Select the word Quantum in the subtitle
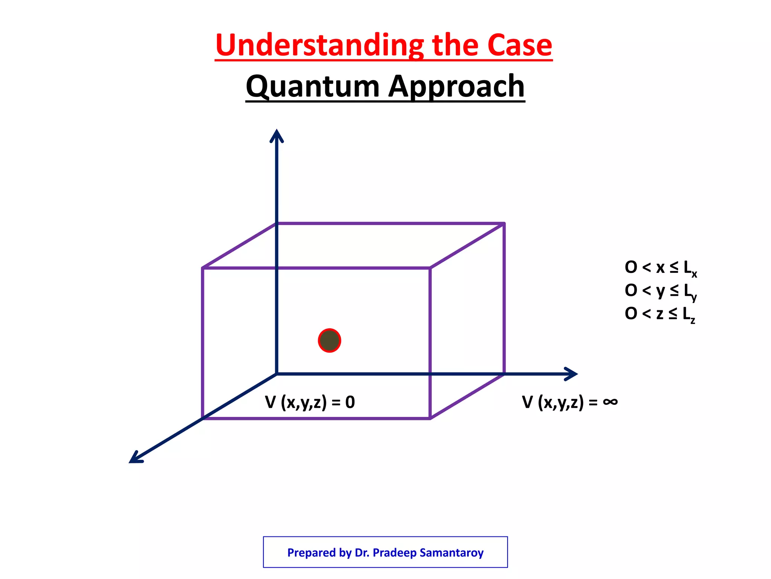click(312, 87)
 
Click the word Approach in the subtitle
click(456, 87)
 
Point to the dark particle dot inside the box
click(329, 340)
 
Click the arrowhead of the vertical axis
click(277, 135)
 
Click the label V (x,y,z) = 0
click(310, 402)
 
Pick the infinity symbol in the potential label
click(610, 401)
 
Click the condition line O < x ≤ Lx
click(661, 268)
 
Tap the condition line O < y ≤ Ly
click(661, 291)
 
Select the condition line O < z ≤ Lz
click(660, 314)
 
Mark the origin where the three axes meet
click(277, 374)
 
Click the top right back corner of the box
click(504, 224)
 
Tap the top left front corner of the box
click(203, 268)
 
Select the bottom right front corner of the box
click(430, 418)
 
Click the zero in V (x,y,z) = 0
click(350, 402)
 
